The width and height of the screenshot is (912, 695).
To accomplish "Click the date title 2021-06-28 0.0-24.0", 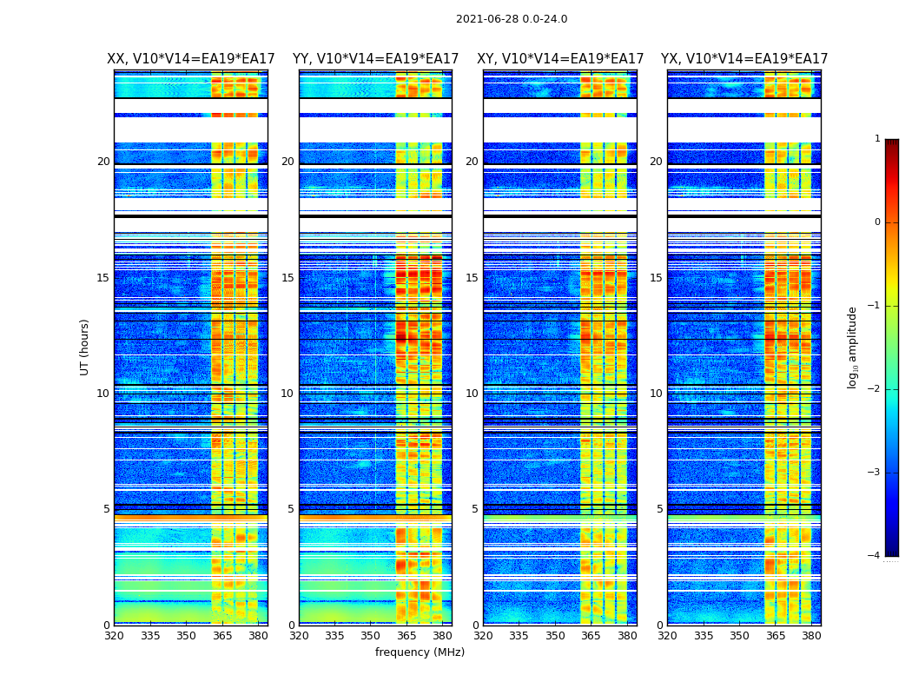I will (512, 19).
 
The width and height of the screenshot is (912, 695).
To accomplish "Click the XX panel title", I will (191, 59).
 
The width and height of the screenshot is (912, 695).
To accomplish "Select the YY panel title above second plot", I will (375, 59).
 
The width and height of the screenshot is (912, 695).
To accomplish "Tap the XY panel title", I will (560, 59).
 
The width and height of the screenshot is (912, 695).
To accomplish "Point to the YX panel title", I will (744, 59).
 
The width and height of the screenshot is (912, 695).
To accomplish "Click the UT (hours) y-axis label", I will (84, 347).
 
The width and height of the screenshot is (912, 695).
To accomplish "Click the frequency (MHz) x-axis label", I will (420, 652).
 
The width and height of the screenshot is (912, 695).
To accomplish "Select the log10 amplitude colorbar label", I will (853, 347).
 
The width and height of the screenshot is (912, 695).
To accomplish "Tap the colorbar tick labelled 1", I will (877, 139).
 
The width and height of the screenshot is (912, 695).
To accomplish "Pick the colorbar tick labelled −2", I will (876, 389).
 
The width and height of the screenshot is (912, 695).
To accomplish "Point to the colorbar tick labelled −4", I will (876, 556).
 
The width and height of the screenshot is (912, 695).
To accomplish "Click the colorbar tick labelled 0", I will (877, 222).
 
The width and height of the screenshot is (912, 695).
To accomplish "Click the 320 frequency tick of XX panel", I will (114, 636).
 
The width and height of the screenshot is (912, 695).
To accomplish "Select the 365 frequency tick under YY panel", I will (406, 636).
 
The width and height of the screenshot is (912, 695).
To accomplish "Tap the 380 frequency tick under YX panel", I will (811, 636).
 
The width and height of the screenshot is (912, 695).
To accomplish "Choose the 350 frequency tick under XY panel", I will (555, 636).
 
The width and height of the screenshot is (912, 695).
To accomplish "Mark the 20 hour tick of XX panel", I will (103, 162).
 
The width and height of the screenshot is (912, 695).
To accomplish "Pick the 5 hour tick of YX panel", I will (659, 509).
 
